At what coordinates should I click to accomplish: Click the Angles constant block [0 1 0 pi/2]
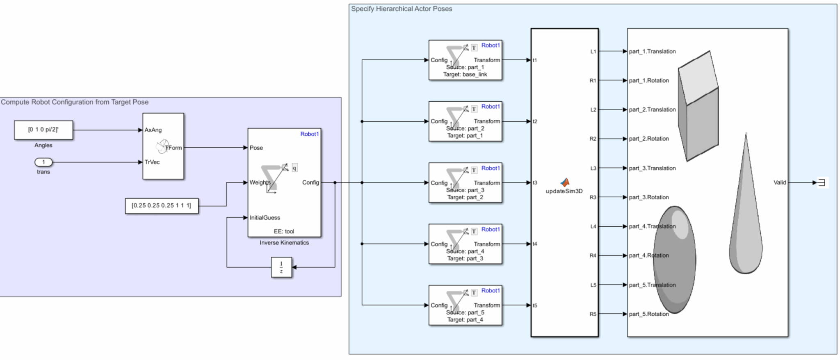pyautogui.click(x=43, y=130)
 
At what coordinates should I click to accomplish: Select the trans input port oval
pyautogui.click(x=43, y=162)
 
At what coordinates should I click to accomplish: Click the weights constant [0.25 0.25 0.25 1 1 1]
pyautogui.click(x=162, y=205)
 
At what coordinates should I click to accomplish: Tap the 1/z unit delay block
pyautogui.click(x=281, y=267)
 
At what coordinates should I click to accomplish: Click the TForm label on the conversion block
pyautogui.click(x=173, y=148)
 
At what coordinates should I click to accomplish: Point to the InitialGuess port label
pyautogui.click(x=265, y=218)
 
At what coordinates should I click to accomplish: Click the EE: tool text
pyautogui.click(x=284, y=231)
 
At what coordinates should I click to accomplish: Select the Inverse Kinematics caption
pyautogui.click(x=284, y=243)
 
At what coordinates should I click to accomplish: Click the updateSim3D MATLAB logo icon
pyautogui.click(x=565, y=182)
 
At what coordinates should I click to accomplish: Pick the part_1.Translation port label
pyautogui.click(x=652, y=51)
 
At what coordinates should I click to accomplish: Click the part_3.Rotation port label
pyautogui.click(x=649, y=197)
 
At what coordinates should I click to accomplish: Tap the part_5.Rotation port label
pyautogui.click(x=649, y=314)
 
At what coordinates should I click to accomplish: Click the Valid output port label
pyautogui.click(x=780, y=182)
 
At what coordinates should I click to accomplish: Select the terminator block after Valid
pyautogui.click(x=822, y=182)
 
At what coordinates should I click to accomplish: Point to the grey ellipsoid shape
pyautogui.click(x=674, y=260)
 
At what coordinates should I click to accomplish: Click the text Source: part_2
pyautogui.click(x=465, y=128)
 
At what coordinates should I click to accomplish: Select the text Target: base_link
pyautogui.click(x=465, y=75)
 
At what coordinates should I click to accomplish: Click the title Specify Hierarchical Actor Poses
pyautogui.click(x=402, y=9)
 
